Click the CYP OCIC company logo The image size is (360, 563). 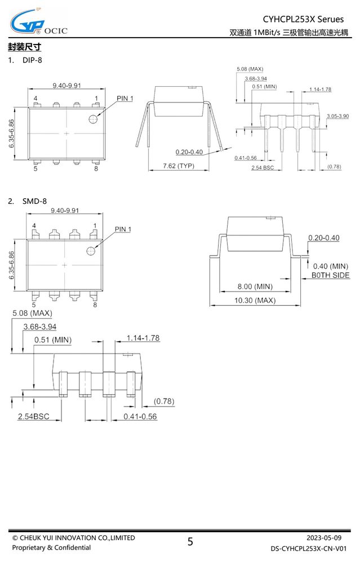38,23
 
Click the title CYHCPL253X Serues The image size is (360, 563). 303,19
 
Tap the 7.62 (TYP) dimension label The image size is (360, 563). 179,166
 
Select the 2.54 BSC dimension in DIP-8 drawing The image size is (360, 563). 263,168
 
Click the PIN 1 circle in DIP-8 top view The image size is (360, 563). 94,119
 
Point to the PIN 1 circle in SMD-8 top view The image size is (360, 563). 91,251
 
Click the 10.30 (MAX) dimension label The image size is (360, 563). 255,300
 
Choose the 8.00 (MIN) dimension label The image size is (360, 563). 255,287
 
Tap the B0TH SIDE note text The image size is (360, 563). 330,275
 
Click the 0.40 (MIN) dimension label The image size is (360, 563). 331,266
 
